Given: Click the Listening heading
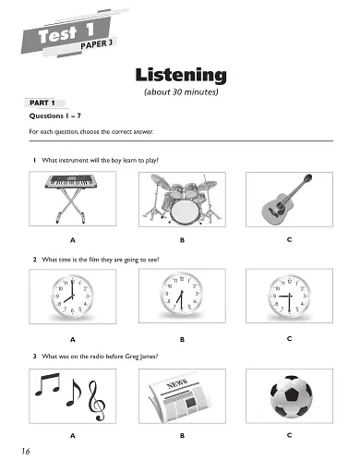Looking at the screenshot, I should (181, 74).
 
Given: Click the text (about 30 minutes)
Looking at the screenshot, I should (181, 93).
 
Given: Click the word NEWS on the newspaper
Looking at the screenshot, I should (178, 382).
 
